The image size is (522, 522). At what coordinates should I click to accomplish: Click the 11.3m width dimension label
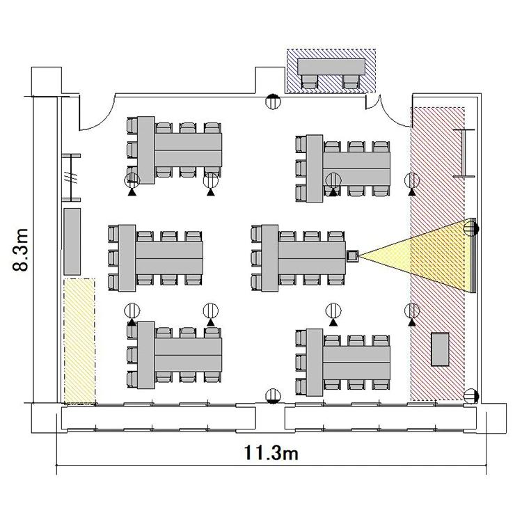coord(271,453)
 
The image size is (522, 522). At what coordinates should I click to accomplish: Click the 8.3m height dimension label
coord(21,249)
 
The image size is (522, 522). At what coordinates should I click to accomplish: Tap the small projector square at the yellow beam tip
coord(352,256)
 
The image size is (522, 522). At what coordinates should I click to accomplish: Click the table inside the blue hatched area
coord(331,67)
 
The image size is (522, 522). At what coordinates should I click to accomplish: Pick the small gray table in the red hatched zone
coord(440,349)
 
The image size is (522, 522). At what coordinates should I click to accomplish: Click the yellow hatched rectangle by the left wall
coord(79,342)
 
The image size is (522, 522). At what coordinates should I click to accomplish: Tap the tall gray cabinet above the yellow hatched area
coord(72,242)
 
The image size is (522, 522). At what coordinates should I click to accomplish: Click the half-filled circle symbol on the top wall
coord(273,101)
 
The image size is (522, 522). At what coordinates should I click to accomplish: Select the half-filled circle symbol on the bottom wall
coord(273,396)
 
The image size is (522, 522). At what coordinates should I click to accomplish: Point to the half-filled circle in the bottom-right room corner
coord(471,396)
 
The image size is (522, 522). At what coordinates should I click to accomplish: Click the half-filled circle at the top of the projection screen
coord(471,228)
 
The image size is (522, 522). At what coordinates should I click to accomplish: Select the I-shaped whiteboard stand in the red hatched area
coord(464,153)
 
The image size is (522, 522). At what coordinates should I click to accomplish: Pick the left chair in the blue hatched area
coord(310,81)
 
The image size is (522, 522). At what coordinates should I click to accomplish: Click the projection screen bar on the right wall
coord(474,255)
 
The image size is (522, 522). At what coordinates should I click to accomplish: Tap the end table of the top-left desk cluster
coord(146,150)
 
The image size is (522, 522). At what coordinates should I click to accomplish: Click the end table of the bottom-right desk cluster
coord(315,363)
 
